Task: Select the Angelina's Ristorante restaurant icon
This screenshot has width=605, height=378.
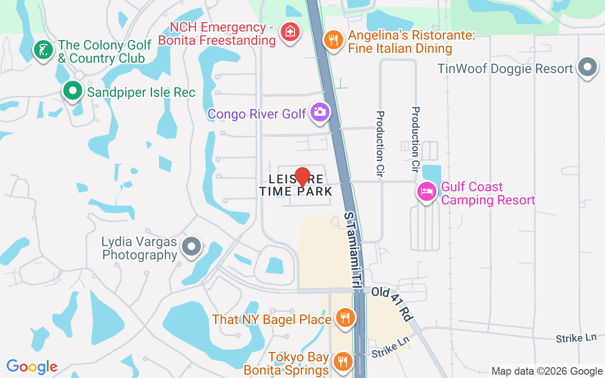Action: pyautogui.click(x=334, y=39)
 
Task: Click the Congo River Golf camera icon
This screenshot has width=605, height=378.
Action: pyautogui.click(x=320, y=112)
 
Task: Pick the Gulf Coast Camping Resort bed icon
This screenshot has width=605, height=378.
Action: pyautogui.click(x=427, y=191)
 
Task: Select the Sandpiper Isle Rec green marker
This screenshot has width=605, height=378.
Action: pyautogui.click(x=73, y=91)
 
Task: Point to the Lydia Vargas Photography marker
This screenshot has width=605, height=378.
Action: pyautogui.click(x=192, y=246)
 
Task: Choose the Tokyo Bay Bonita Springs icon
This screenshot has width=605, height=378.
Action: pyautogui.click(x=341, y=361)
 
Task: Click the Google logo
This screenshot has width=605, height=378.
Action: pyautogui.click(x=32, y=366)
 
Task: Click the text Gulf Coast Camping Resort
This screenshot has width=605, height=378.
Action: pyautogui.click(x=488, y=193)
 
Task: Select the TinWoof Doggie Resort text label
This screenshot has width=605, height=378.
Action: pyautogui.click(x=505, y=69)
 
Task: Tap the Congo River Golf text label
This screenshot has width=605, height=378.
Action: pyautogui.click(x=257, y=114)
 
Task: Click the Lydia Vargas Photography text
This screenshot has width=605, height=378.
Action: pyautogui.click(x=139, y=248)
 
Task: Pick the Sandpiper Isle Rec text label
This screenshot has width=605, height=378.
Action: pyautogui.click(x=141, y=92)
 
